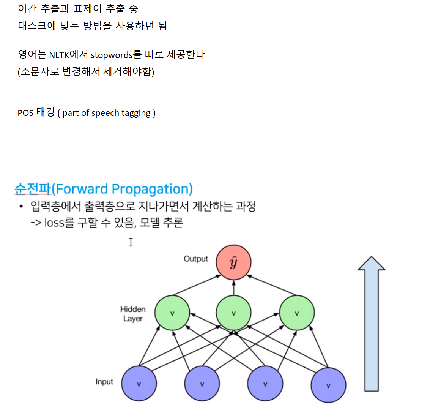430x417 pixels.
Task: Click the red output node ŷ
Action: click(233, 262)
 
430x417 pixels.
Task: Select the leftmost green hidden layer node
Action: click(172, 313)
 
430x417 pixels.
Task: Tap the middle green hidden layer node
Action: click(233, 313)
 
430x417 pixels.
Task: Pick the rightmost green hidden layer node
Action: click(297, 313)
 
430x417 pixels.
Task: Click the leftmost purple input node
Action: click(139, 384)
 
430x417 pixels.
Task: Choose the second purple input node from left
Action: click(202, 384)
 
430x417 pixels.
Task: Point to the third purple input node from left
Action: click(265, 384)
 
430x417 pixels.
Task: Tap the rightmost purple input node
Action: click(328, 385)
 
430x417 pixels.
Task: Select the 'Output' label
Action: click(196, 259)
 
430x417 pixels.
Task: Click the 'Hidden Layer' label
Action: click(133, 314)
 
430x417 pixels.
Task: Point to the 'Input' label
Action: click(104, 382)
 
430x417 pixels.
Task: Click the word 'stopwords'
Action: click(112, 55)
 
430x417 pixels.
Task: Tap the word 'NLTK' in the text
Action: click(59, 55)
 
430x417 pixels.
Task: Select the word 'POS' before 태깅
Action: click(25, 113)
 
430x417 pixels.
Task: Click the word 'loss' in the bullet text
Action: click(54, 223)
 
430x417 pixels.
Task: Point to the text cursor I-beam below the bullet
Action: click(131, 242)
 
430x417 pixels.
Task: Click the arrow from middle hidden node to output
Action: click(233, 288)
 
